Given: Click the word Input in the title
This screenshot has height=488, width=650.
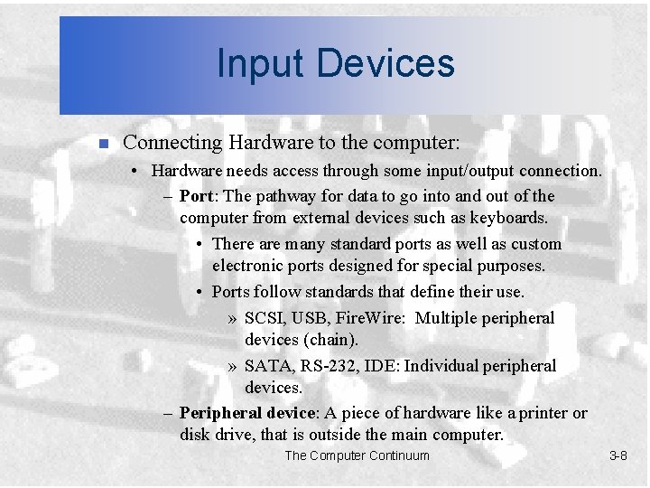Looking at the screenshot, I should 257,63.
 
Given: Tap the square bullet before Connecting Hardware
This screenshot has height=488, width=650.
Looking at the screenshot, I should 103,144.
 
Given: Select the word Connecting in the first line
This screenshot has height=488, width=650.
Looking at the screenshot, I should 172,143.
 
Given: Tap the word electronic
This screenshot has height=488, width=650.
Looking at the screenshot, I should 247,266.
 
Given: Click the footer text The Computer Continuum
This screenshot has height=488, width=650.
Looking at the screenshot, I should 357,455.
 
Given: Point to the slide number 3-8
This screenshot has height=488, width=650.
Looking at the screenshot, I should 617,455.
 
